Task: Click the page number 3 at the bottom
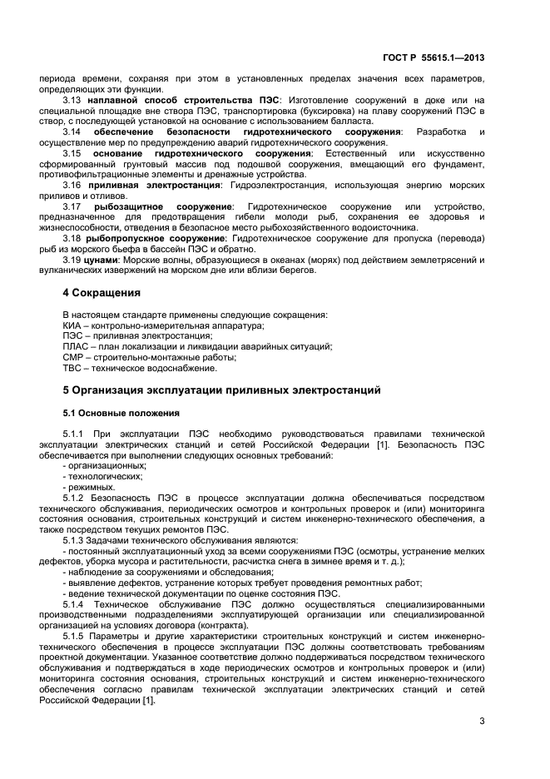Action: pyautogui.click(x=482, y=721)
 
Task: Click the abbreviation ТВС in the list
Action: pyautogui.click(x=72, y=368)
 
